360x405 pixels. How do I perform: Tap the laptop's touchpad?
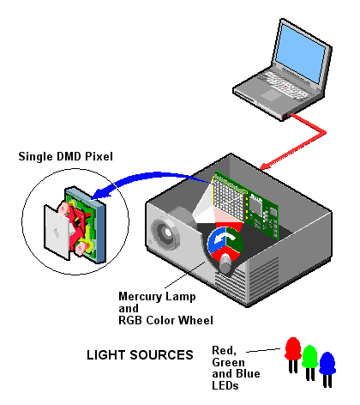tap(270, 94)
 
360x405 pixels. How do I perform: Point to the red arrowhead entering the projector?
tap(265, 166)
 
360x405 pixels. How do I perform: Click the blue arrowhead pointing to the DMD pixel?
tap(100, 193)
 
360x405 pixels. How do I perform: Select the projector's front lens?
tap(165, 233)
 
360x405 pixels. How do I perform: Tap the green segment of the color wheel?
tap(234, 239)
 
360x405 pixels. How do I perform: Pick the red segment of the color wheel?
tap(225, 255)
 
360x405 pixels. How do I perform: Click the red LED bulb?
tap(293, 349)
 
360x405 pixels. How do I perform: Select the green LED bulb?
tap(310, 356)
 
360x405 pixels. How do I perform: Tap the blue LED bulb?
tap(327, 363)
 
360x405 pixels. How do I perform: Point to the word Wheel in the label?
tap(196, 320)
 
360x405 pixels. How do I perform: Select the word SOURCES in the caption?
tap(161, 355)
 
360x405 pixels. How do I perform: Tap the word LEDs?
tap(225, 385)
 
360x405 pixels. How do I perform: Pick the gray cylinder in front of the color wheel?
tap(225, 263)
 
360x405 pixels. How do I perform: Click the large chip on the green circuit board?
tap(255, 203)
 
